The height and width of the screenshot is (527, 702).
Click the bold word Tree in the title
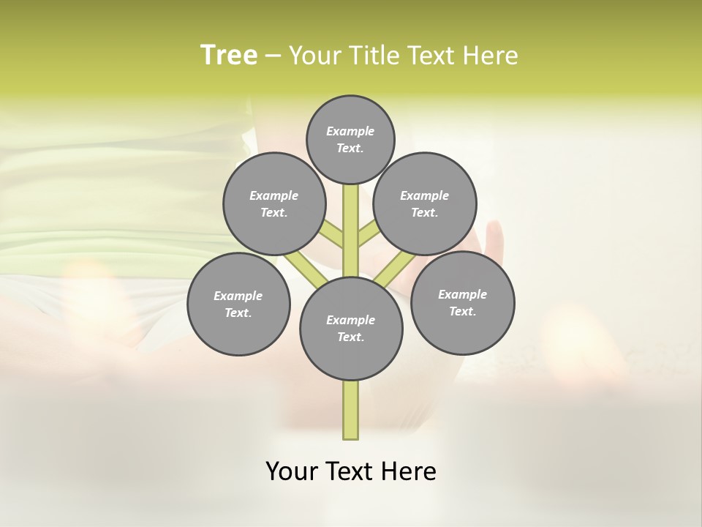229,56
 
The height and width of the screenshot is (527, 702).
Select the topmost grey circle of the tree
350,139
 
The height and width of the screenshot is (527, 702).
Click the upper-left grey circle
273,203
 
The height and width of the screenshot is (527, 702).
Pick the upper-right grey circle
425,203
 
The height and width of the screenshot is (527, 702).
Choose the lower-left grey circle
238,304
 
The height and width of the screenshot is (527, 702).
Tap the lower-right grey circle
462,302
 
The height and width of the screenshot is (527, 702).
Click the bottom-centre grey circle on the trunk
351,328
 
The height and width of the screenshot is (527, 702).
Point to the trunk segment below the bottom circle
351,410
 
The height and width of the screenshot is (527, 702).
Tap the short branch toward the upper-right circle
368,234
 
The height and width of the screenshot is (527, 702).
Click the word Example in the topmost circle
350,131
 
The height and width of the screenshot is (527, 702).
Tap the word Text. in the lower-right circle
462,311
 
